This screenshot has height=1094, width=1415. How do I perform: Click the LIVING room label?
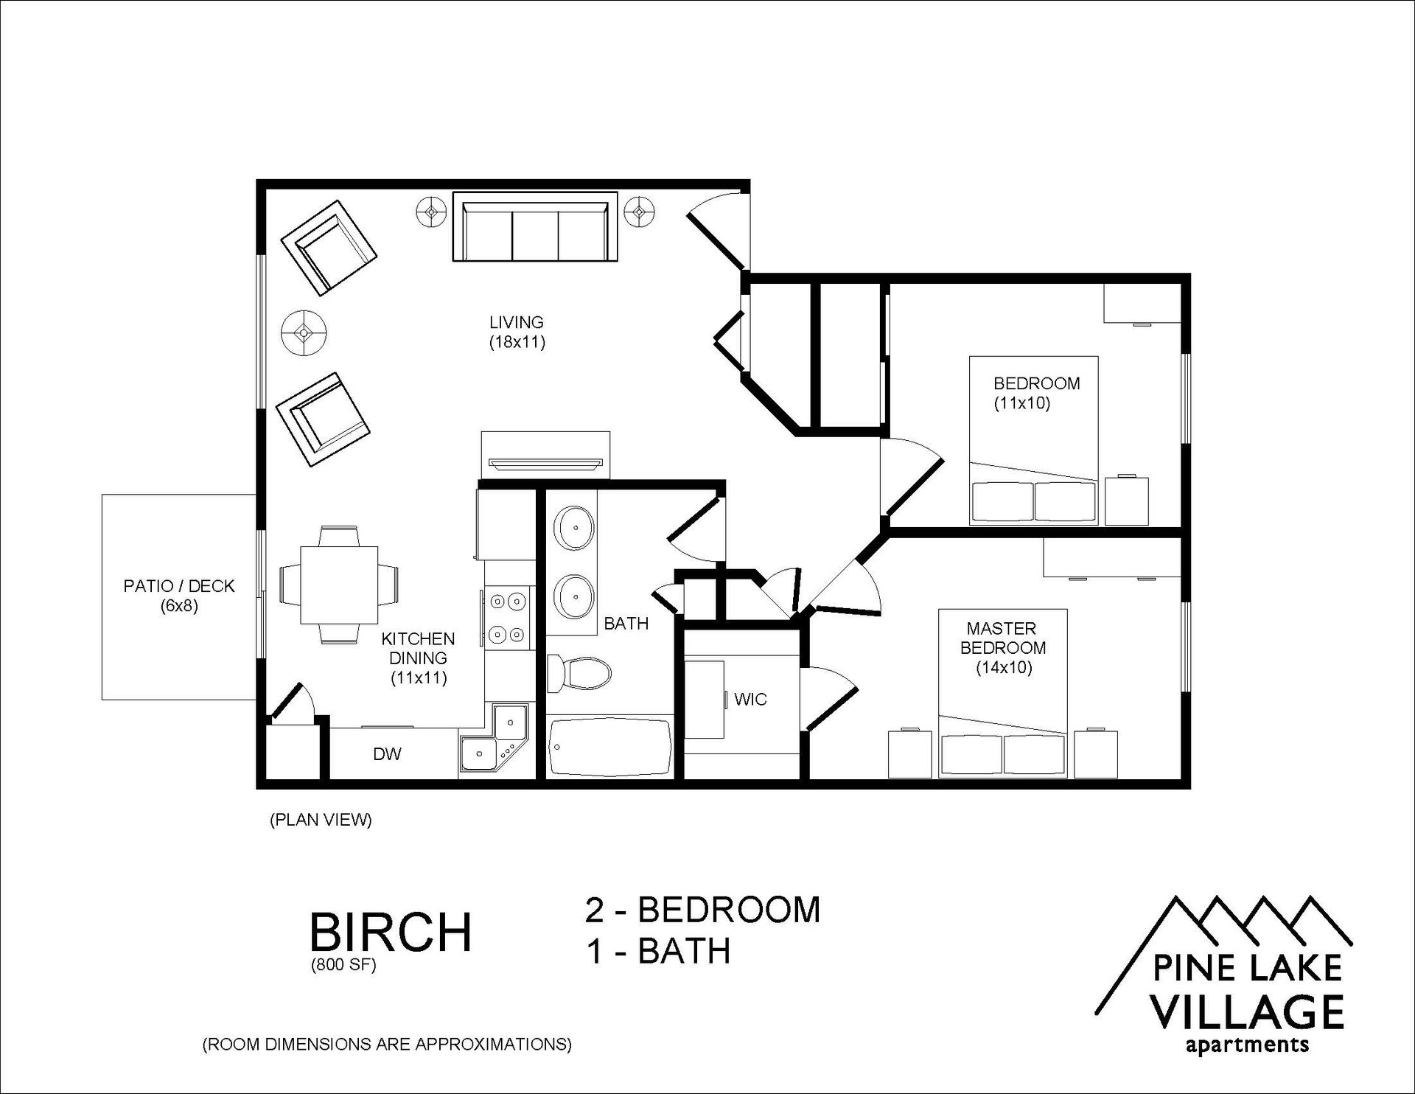coord(516,322)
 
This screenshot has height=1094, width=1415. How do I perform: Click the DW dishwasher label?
coord(387,753)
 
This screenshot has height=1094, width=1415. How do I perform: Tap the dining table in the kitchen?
coord(339,585)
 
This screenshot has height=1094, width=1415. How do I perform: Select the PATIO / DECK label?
coord(178,586)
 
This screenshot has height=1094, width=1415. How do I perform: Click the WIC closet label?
coord(750,699)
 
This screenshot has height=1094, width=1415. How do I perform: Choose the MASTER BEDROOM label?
coord(1002,638)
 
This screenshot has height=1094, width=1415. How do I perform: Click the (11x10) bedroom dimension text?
coord(1021,403)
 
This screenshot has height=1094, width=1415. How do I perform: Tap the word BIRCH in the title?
coord(391,932)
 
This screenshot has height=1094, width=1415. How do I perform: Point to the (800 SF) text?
coord(343,966)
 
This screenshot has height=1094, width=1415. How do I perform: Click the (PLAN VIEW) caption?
coord(321,820)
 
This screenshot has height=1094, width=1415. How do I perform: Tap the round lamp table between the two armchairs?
coord(304,333)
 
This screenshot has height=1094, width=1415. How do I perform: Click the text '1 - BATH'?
coord(658,951)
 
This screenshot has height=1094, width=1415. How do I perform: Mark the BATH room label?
coord(626,624)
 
